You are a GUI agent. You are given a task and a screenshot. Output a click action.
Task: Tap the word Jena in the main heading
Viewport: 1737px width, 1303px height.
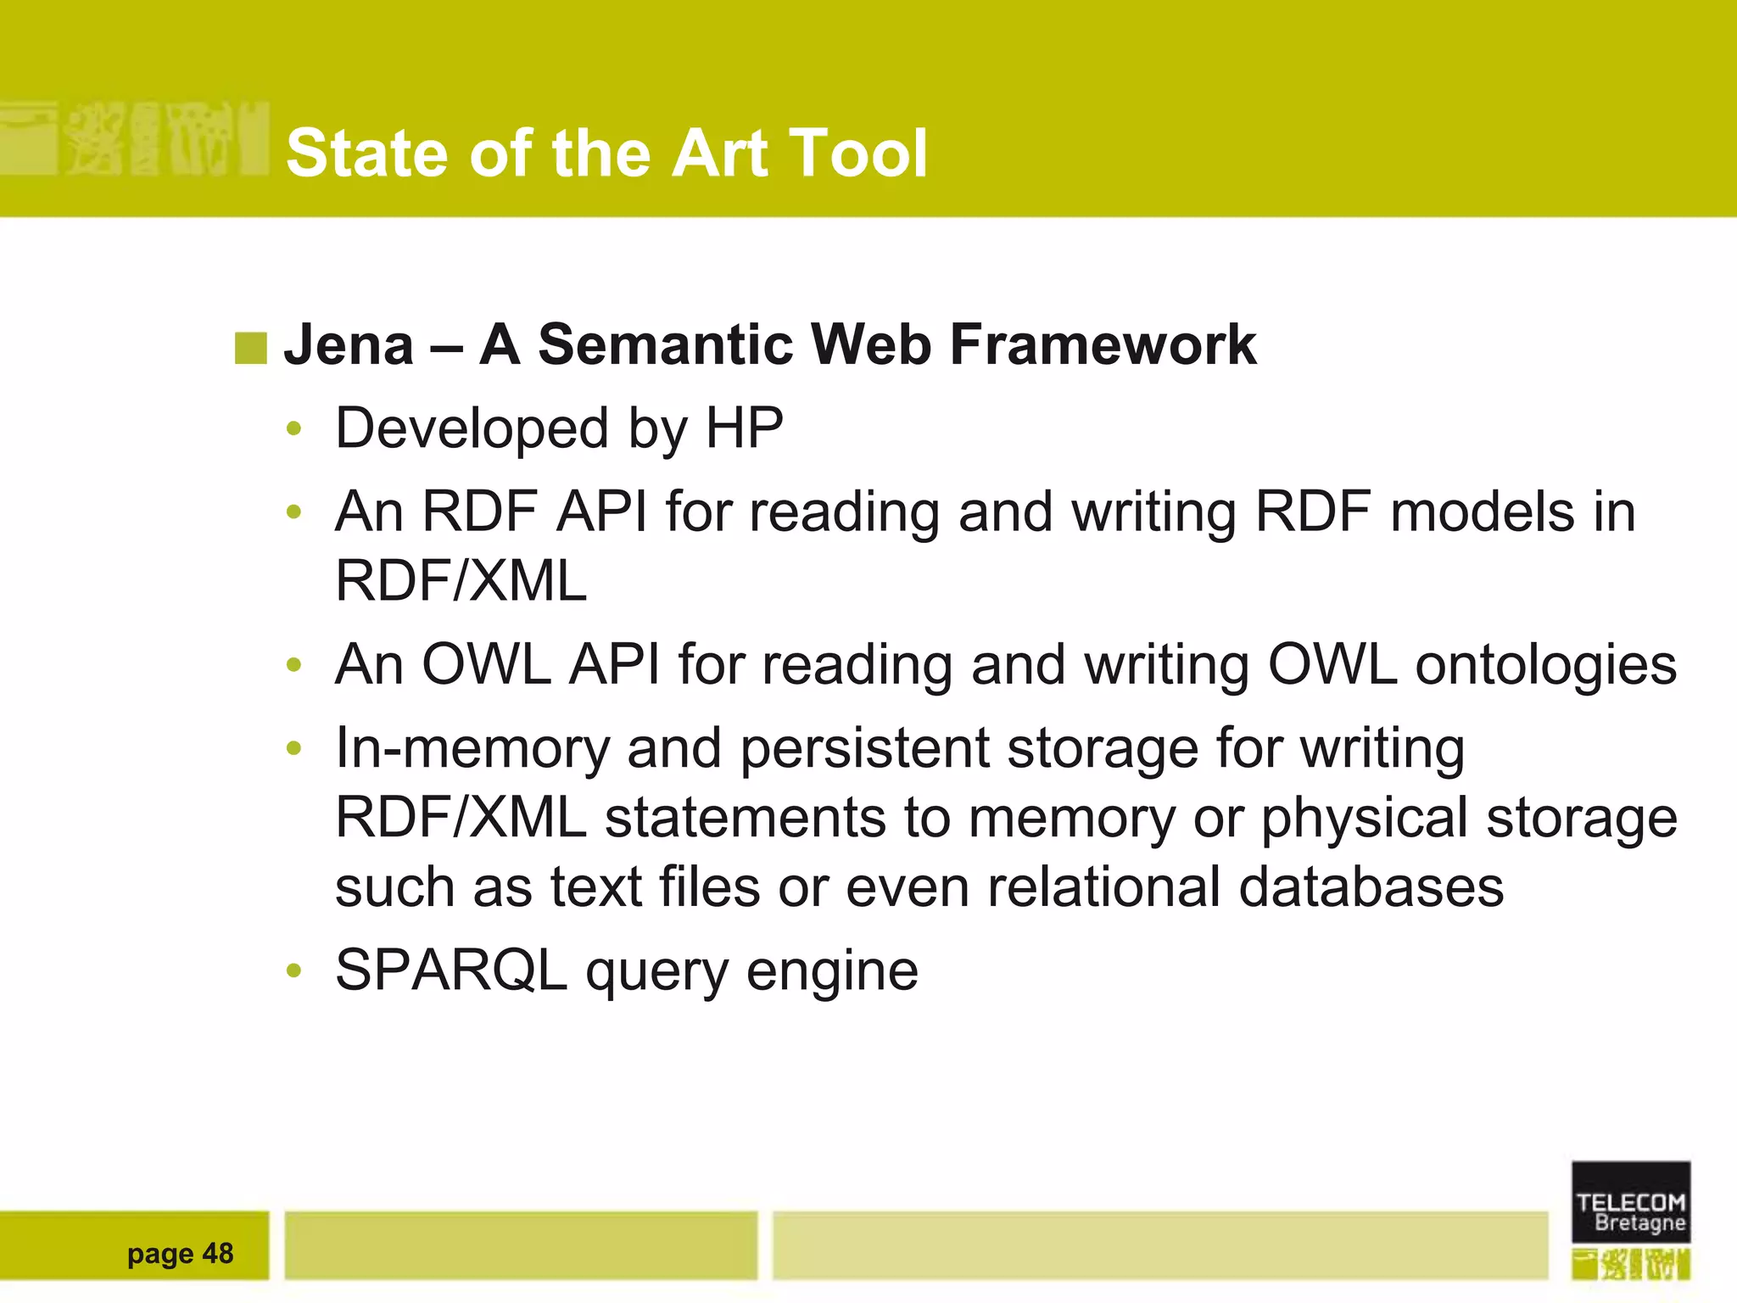pyautogui.click(x=349, y=345)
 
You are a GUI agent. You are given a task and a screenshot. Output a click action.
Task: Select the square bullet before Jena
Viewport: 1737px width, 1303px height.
pyautogui.click(x=250, y=348)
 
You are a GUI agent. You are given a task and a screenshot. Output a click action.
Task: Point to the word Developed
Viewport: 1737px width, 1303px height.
pyautogui.click(x=472, y=428)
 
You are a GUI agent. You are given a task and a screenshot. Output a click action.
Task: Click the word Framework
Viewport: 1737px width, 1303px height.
pyautogui.click(x=1103, y=345)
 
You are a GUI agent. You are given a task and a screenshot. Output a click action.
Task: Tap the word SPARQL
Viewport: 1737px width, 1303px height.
pyautogui.click(x=450, y=970)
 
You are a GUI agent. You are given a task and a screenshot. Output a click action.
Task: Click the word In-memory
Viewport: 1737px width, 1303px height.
pyautogui.click(x=472, y=748)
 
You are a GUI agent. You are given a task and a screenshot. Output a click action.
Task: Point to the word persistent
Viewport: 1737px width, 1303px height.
pyautogui.click(x=865, y=748)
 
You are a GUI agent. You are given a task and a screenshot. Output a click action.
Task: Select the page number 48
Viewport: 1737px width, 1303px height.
pyautogui.click(x=218, y=1253)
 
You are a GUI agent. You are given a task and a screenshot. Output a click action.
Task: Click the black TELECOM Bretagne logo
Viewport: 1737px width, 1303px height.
pyautogui.click(x=1630, y=1202)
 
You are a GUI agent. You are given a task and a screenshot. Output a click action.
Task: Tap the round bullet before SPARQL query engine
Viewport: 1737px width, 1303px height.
pyautogui.click(x=294, y=970)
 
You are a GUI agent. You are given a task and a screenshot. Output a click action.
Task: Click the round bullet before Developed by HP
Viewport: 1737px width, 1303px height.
pyautogui.click(x=294, y=428)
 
